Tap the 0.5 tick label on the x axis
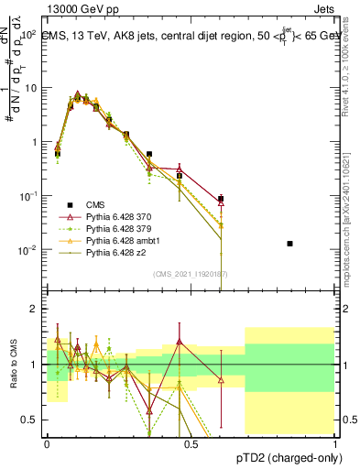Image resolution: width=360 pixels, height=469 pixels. point(191,442)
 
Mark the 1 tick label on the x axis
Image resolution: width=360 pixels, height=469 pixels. point(335,442)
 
